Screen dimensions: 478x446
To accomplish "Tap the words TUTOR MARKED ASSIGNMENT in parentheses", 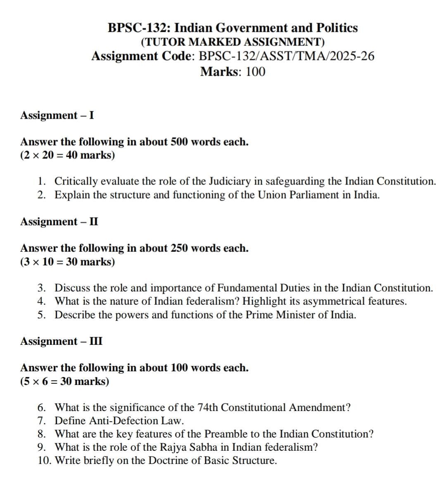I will point(232,42).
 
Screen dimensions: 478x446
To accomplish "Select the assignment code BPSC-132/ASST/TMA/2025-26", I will point(287,56).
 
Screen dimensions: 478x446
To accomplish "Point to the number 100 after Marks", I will point(255,72).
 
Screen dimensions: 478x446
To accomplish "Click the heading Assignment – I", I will point(57,115).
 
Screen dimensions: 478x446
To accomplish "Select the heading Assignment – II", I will point(59,222).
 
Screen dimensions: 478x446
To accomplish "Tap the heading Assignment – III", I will point(61,341).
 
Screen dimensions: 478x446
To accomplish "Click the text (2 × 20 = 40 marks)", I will point(67,155).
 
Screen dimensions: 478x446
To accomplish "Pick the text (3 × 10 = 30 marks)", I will point(67,262).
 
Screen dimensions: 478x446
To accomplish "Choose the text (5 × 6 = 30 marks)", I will point(64,381).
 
